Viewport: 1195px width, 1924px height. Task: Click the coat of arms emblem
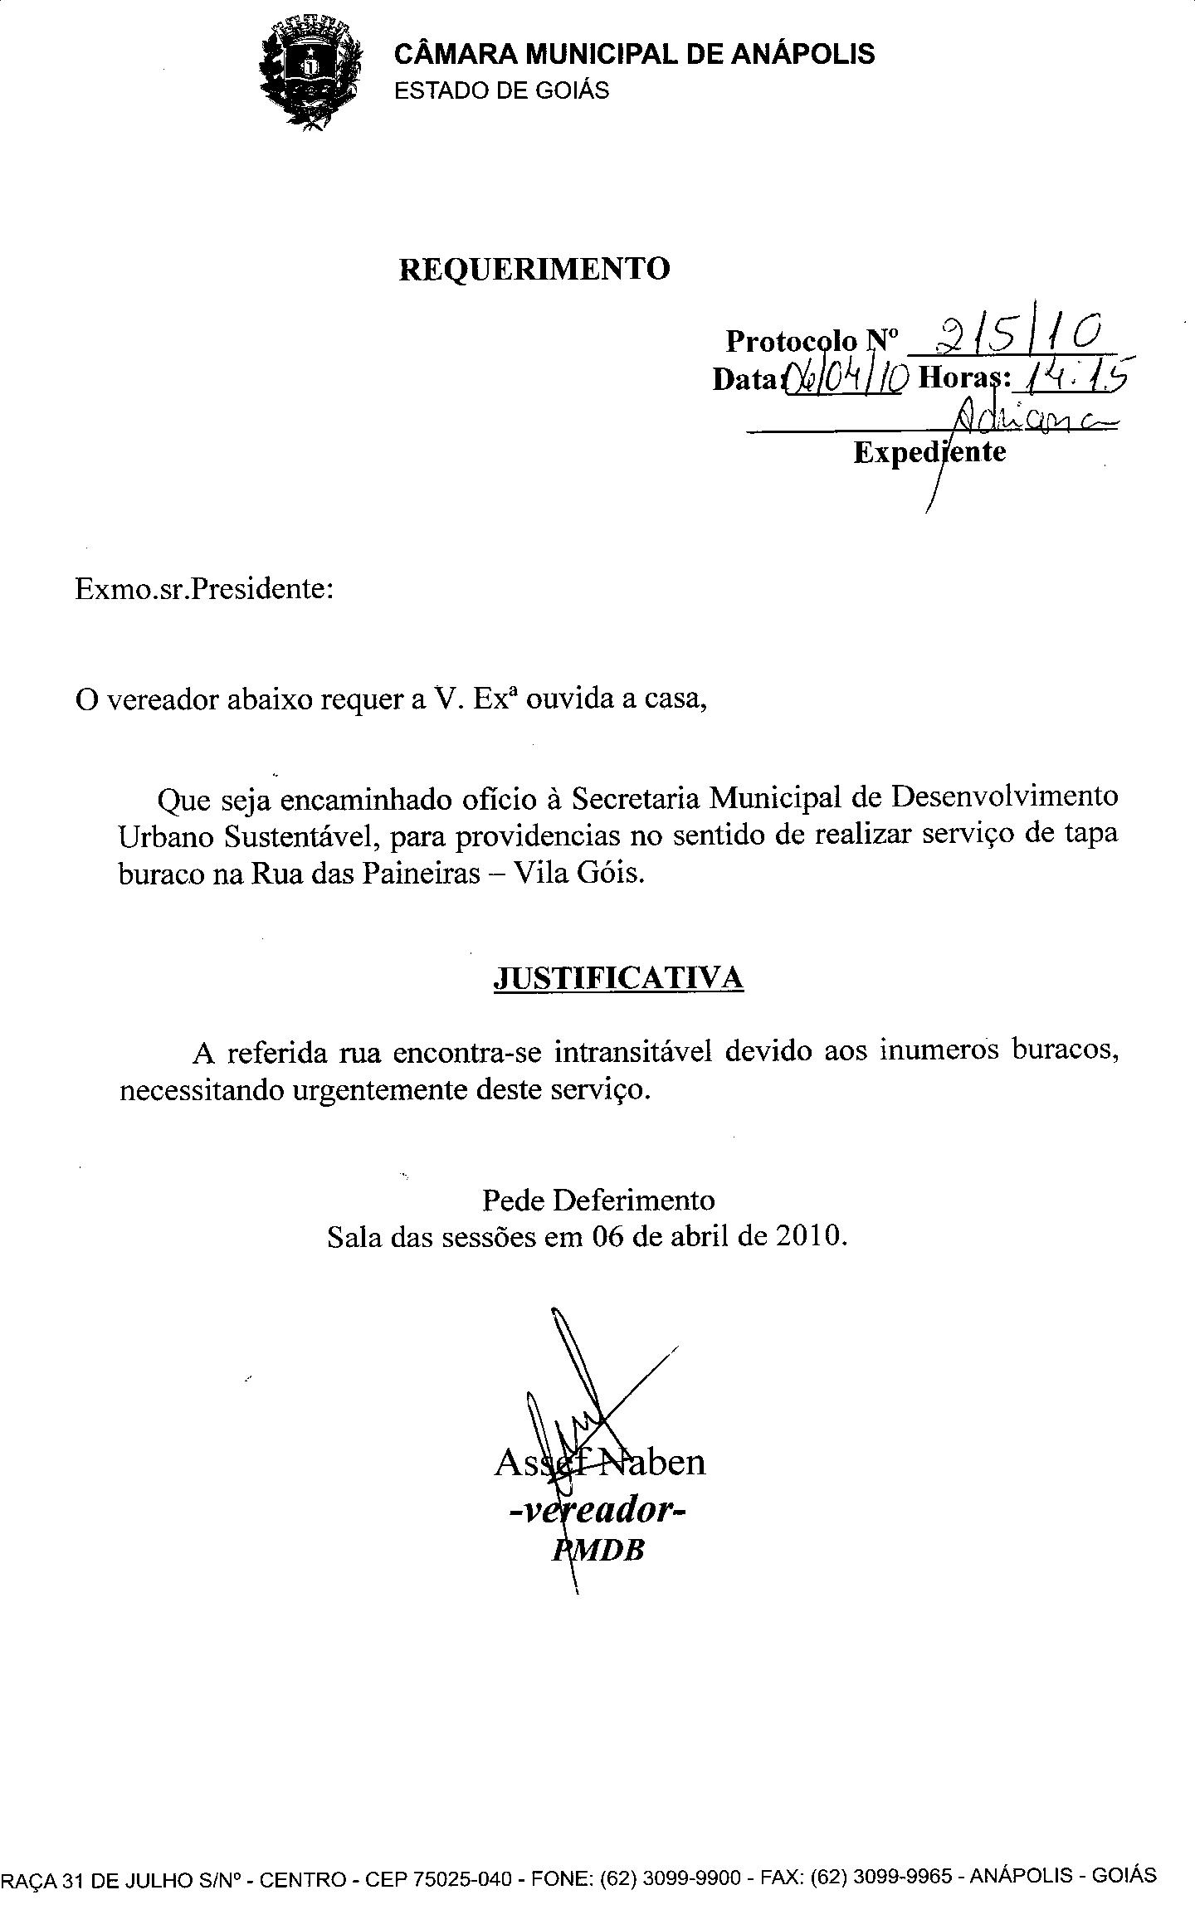(x=310, y=74)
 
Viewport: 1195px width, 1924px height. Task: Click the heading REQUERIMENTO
(x=534, y=270)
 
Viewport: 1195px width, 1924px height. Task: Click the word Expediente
(x=929, y=452)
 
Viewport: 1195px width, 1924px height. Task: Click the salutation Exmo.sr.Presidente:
(x=204, y=589)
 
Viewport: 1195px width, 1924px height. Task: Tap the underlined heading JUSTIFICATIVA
(x=618, y=978)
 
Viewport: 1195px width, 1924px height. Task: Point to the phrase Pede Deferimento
(x=597, y=1201)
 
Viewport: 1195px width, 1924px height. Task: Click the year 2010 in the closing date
(x=810, y=1237)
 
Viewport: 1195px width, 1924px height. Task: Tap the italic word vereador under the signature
(x=599, y=1511)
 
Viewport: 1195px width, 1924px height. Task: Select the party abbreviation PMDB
(x=598, y=1549)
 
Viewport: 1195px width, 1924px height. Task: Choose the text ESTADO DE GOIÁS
(x=501, y=90)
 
